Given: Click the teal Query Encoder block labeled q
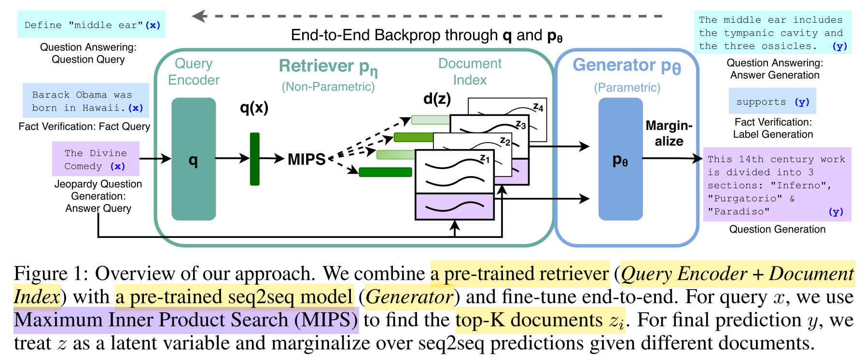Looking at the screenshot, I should pos(194,159).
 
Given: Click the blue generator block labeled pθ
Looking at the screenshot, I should pos(620,159).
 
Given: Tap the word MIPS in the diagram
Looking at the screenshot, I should pos(307,159).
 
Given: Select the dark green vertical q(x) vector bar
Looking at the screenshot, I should pos(254,159).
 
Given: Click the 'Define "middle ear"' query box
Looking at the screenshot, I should pos(91,25).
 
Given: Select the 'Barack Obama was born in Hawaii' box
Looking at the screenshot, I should pos(86,101).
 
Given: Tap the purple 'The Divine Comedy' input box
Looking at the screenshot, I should pos(96,159).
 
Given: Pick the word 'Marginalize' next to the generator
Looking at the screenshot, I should pos(669,133).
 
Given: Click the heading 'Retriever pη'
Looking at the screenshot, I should pos(328,66).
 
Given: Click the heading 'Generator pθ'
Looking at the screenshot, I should pos(627,65).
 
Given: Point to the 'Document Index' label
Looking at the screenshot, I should pos(470,71).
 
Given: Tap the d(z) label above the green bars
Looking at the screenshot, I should pos(437,98).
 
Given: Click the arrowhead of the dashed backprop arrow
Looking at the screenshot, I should pos(198,16).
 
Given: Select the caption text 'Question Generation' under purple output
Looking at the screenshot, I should pos(777,229).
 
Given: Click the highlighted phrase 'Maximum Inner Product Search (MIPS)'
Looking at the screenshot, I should pos(186,320).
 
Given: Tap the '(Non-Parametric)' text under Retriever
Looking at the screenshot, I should pos(328,86).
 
